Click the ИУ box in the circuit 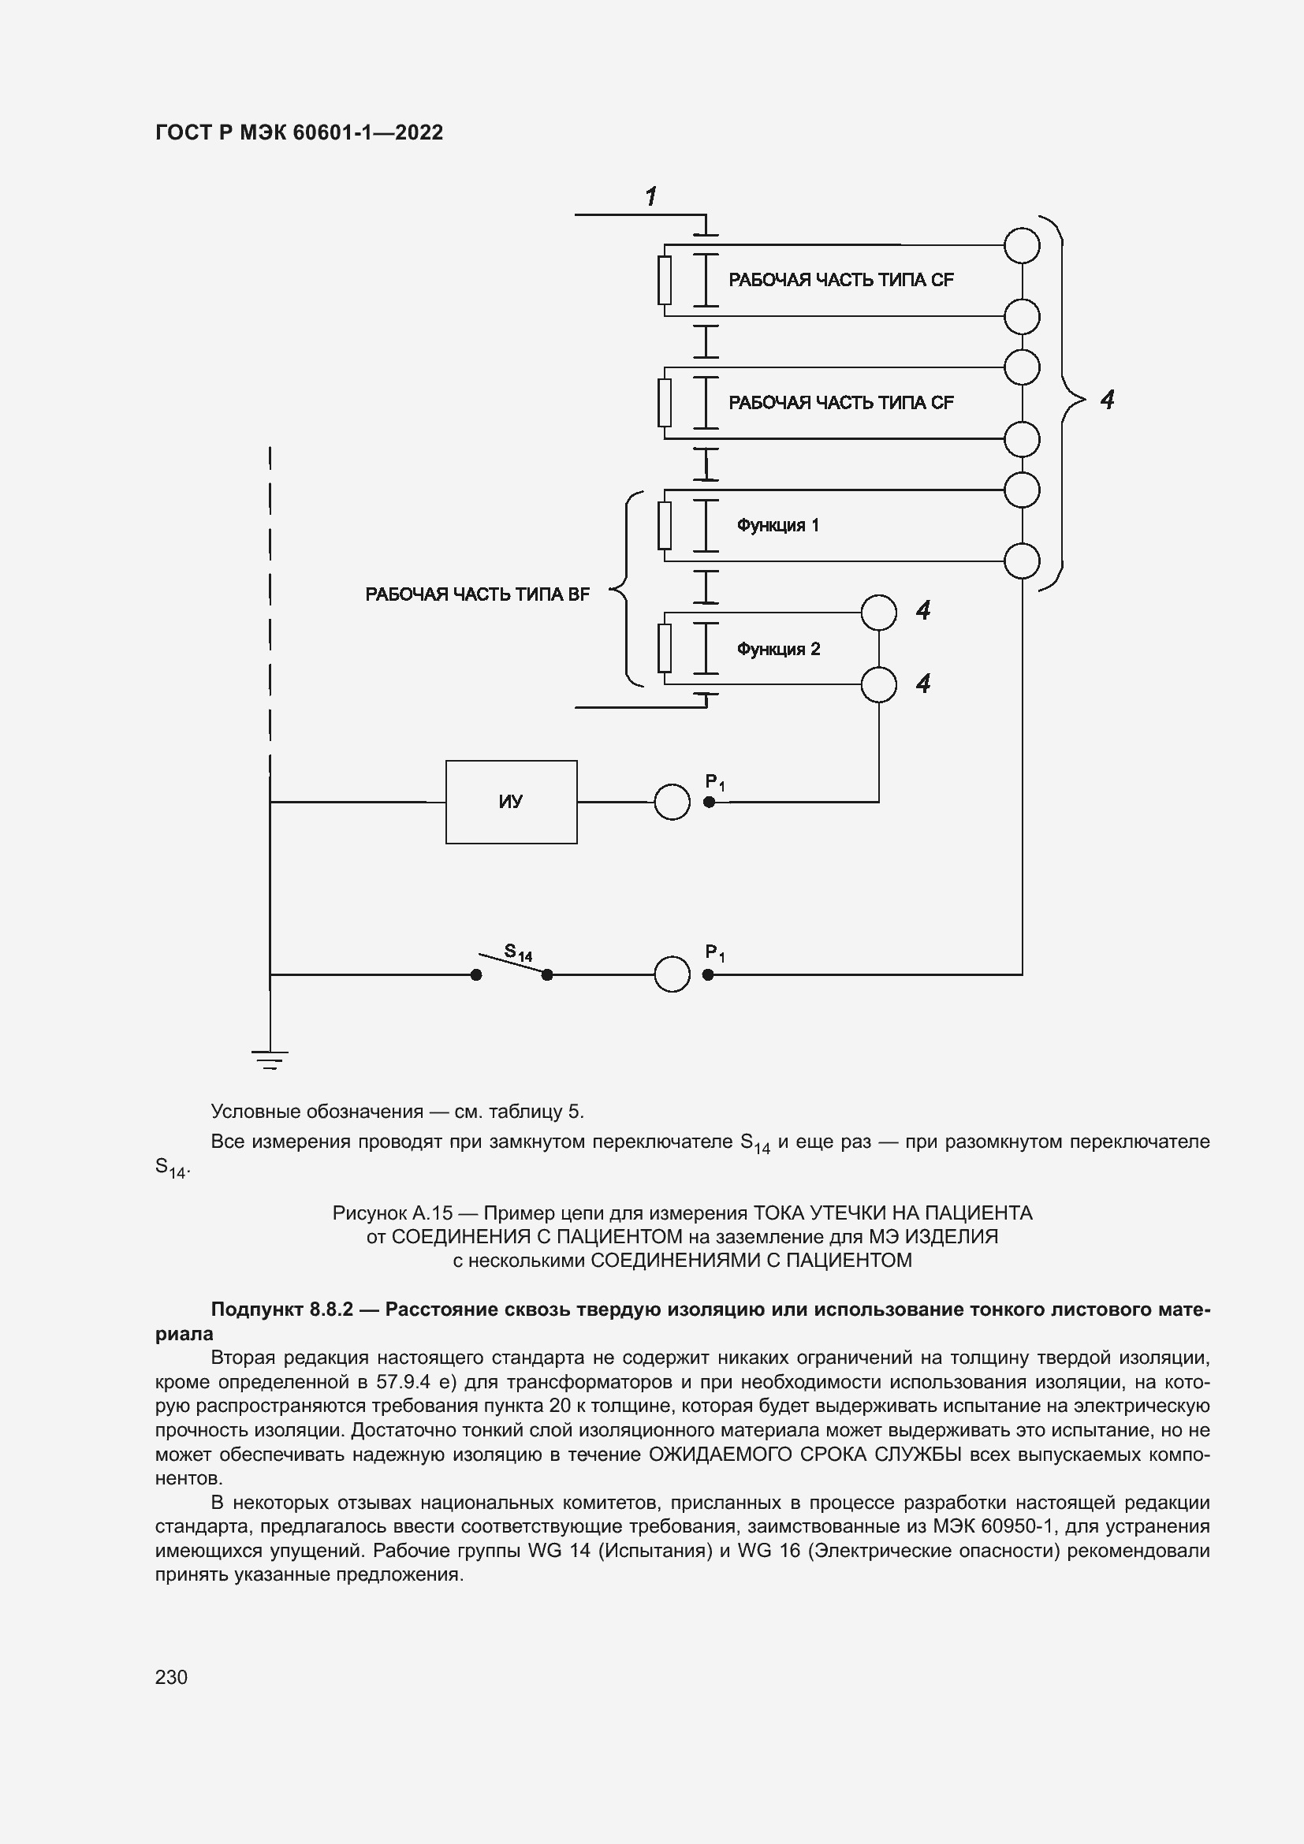(x=512, y=802)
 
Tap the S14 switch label (x=518, y=953)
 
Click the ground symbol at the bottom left (x=270, y=1060)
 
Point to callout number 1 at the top (x=651, y=196)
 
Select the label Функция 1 (x=777, y=525)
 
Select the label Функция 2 (x=778, y=649)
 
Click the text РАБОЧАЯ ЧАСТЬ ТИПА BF (x=477, y=594)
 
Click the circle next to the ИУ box (x=672, y=802)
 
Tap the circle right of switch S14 (x=672, y=974)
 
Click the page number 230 (x=171, y=1677)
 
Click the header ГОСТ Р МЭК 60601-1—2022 (x=299, y=132)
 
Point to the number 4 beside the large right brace (x=1107, y=399)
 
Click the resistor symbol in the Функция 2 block (x=665, y=648)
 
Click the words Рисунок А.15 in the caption (x=393, y=1213)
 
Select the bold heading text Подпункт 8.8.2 (x=281, y=1309)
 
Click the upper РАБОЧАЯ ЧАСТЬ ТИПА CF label (x=840, y=280)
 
